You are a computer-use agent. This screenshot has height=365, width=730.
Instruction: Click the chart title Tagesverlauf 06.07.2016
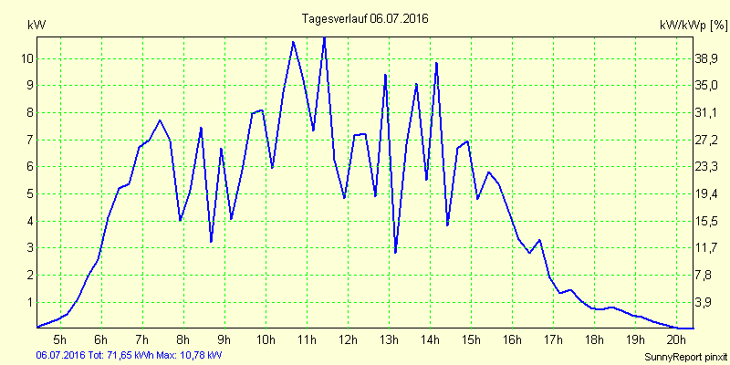click(x=364, y=18)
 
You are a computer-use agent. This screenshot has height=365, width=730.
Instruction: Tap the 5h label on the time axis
click(x=60, y=340)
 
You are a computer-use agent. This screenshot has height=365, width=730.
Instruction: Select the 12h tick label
click(x=348, y=340)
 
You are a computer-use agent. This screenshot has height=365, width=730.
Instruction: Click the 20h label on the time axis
click(x=676, y=340)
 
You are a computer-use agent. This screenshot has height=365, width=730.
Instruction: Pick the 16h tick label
click(x=512, y=340)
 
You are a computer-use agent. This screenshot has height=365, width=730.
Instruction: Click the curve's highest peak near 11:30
click(x=324, y=37)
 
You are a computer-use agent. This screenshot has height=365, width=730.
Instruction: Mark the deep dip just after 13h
click(x=395, y=252)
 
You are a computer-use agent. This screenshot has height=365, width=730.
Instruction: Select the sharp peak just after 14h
click(x=437, y=63)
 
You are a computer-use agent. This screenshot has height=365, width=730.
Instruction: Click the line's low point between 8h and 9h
click(x=211, y=242)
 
